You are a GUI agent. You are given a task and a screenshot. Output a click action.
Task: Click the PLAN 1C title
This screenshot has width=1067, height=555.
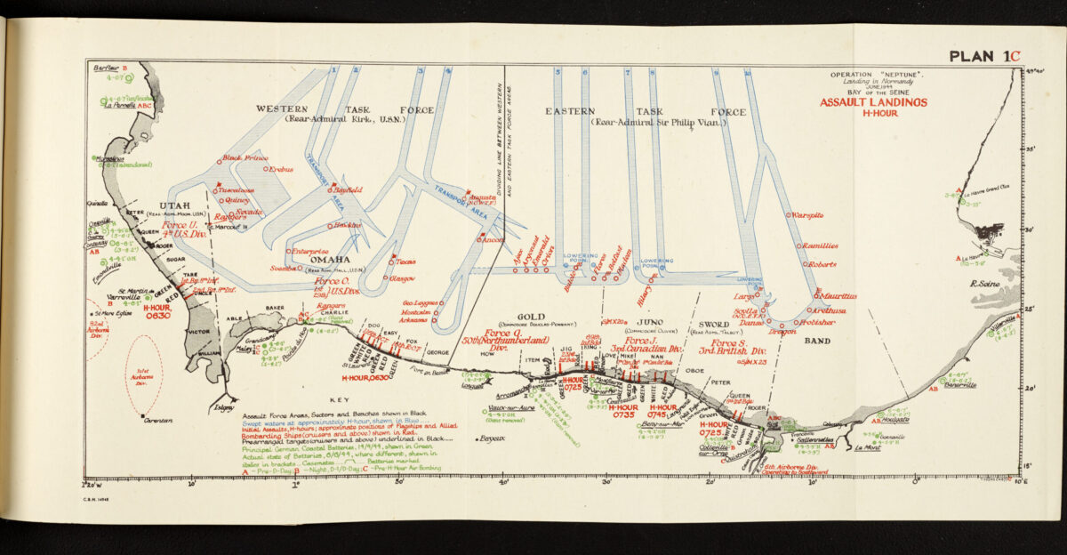pyautogui.click(x=983, y=56)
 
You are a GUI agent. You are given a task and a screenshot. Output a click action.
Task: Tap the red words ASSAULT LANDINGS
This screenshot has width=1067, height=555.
pyautogui.click(x=873, y=102)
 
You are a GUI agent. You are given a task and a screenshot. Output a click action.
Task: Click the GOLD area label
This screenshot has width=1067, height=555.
pyautogui.click(x=531, y=316)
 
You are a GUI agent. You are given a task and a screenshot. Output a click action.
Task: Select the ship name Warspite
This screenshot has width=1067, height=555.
pyautogui.click(x=807, y=215)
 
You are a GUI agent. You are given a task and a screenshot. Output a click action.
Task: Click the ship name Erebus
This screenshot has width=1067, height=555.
pyautogui.click(x=281, y=169)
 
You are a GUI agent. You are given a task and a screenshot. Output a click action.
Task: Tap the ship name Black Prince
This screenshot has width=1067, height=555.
pyautogui.click(x=245, y=158)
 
